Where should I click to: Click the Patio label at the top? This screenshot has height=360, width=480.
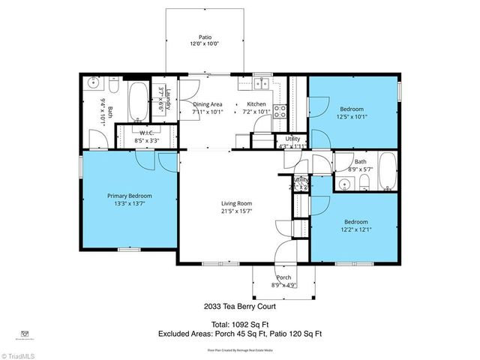pyautogui.click(x=204, y=36)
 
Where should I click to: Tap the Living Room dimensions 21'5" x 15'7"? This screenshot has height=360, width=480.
pyautogui.click(x=235, y=211)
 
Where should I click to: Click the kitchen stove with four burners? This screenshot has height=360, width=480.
pyautogui.click(x=279, y=112)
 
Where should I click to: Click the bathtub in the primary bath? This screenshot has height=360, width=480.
pyautogui.click(x=139, y=102)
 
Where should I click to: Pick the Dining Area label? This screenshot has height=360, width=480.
pyautogui.click(x=208, y=104)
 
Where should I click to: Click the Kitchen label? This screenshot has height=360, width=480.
pyautogui.click(x=256, y=104)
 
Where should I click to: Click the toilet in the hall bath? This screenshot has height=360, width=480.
pyautogui.click(x=364, y=182)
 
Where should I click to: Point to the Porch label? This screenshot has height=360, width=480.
pyautogui.click(x=283, y=277)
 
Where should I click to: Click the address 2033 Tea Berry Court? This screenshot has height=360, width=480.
pyautogui.click(x=239, y=306)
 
